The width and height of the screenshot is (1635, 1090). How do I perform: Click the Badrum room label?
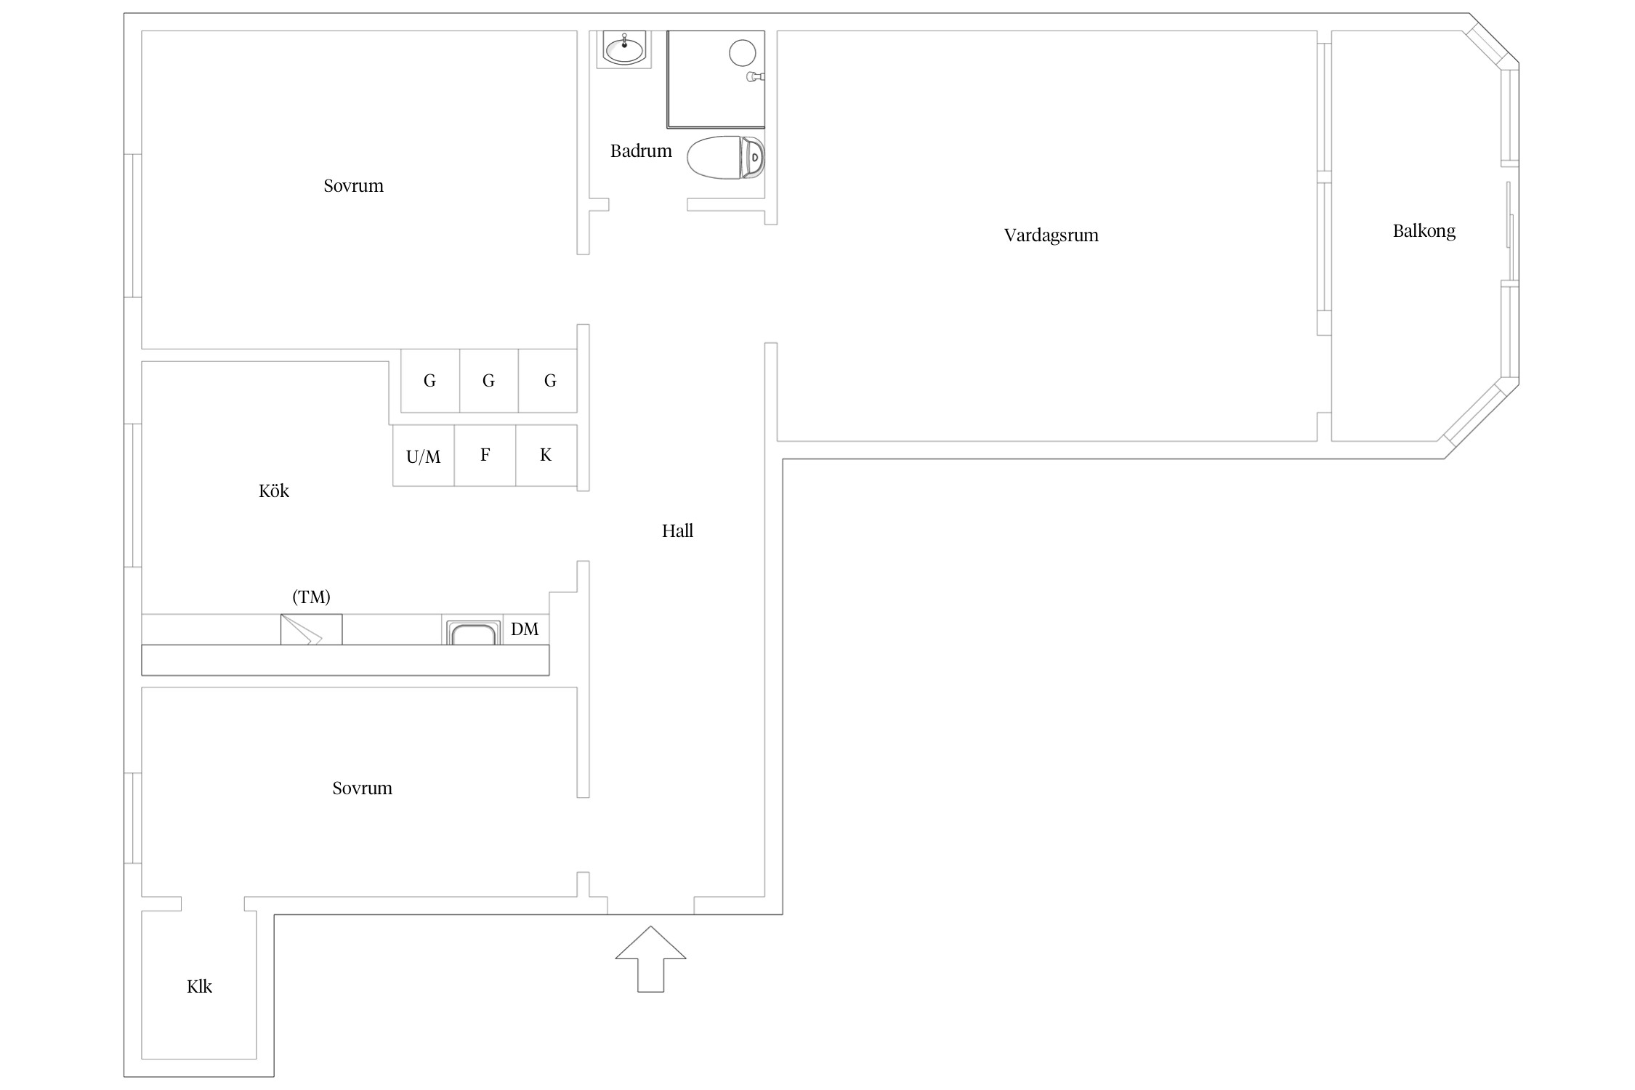click(x=641, y=151)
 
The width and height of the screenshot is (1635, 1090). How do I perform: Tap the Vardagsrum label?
click(x=1051, y=235)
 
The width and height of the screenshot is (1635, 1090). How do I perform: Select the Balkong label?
click(x=1424, y=231)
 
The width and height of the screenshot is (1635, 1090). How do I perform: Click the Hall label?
click(x=677, y=531)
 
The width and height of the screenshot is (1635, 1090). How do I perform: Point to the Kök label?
click(x=274, y=491)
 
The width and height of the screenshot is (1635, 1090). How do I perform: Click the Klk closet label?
click(x=199, y=986)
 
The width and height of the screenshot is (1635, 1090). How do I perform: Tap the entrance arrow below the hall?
click(x=650, y=959)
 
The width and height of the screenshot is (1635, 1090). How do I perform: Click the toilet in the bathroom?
click(x=726, y=157)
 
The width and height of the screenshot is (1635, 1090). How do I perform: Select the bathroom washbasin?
click(x=624, y=49)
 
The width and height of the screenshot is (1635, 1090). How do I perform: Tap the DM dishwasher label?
click(x=525, y=629)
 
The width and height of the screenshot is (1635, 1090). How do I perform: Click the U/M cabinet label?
click(x=424, y=456)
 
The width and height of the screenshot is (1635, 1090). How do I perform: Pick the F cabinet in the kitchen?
click(x=485, y=456)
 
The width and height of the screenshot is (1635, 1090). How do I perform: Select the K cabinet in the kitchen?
click(x=546, y=456)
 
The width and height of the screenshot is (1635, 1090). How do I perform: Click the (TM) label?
click(x=311, y=597)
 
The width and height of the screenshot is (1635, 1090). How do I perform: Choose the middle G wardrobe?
click(x=489, y=381)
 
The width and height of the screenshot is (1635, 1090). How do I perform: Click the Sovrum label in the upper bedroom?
click(x=353, y=186)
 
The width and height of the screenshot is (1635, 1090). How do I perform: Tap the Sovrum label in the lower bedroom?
click(x=362, y=788)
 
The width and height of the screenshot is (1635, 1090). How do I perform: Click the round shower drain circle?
click(x=742, y=53)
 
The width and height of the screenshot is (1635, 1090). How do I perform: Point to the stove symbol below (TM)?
click(x=312, y=629)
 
